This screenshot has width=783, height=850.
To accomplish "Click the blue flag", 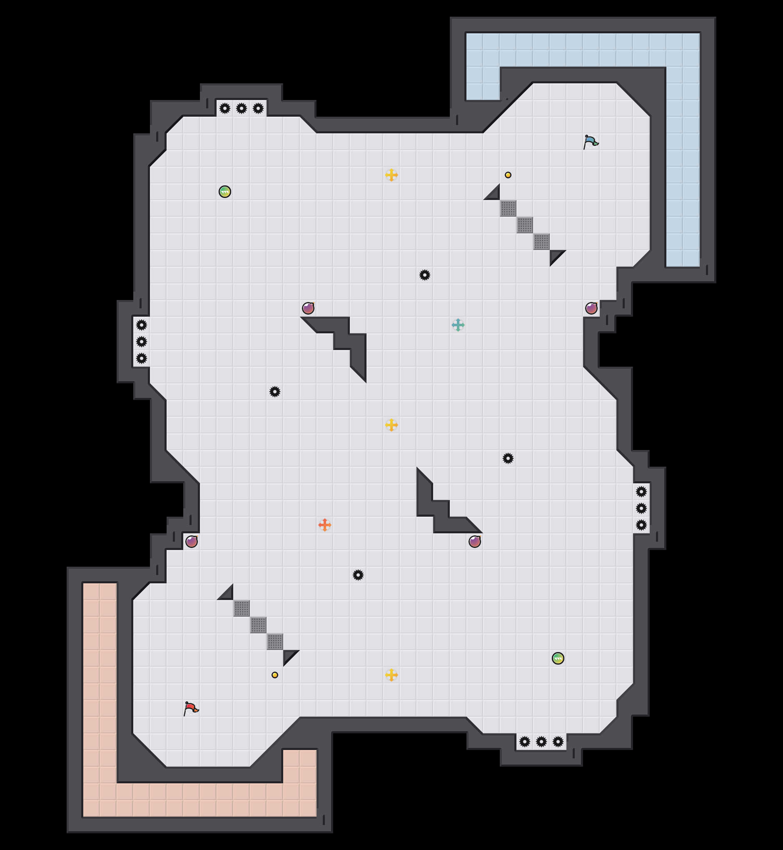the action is (x=591, y=142).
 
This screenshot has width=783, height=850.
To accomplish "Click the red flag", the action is (x=191, y=708).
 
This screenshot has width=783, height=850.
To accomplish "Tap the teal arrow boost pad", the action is (x=458, y=325).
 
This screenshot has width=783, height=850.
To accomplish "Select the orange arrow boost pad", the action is (x=324, y=525).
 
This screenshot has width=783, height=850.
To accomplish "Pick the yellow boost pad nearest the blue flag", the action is (x=391, y=175).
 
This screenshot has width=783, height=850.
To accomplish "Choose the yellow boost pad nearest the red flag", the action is (x=391, y=675).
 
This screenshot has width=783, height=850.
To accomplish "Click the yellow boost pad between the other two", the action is (x=391, y=425).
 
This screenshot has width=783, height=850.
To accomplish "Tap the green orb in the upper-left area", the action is (x=224, y=192).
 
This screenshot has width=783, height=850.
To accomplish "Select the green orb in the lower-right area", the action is (x=558, y=658).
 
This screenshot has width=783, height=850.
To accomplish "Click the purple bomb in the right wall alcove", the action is (x=591, y=308).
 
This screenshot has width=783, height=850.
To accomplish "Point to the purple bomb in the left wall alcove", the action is (x=191, y=541).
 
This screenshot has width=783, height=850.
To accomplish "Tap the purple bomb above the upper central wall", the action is (x=308, y=308).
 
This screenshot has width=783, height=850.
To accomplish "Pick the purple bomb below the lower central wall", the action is (x=474, y=541).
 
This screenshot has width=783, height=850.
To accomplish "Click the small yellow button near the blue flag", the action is (x=508, y=175).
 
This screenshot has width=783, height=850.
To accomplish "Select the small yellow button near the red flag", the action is (x=274, y=675).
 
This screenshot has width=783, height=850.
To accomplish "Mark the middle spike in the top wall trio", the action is (x=241, y=108).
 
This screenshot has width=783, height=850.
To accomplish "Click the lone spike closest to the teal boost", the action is (x=424, y=275).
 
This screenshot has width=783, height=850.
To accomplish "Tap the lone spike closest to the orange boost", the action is (x=358, y=575).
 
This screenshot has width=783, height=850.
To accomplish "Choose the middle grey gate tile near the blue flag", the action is (x=524, y=225).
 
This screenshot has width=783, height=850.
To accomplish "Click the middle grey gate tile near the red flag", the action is (x=258, y=625).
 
